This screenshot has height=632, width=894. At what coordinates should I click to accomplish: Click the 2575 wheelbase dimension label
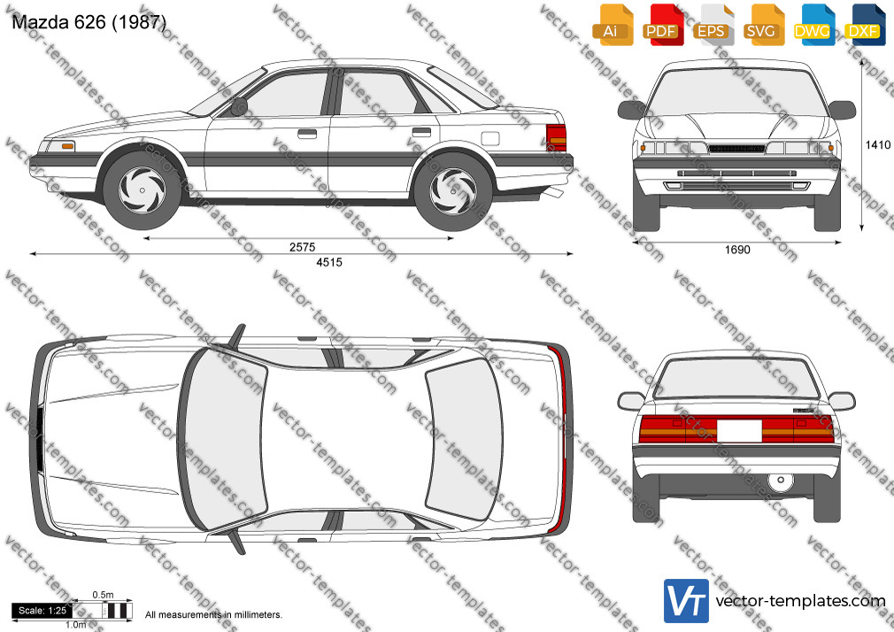[x=302, y=247]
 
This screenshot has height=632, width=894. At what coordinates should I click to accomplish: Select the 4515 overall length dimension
[x=329, y=262]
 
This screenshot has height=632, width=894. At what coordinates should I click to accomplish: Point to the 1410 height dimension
[x=877, y=145]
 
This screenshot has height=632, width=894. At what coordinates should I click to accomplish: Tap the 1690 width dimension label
[x=737, y=250]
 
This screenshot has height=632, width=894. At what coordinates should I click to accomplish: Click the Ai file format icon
[x=613, y=25]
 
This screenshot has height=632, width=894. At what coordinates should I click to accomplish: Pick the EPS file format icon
[x=713, y=25]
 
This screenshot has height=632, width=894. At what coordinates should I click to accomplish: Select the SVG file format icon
[x=763, y=25]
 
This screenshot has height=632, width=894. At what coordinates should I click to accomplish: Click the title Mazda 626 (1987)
[x=89, y=22]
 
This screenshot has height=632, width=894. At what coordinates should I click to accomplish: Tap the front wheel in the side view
[x=142, y=190]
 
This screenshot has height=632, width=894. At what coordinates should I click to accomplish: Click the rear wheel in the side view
[x=452, y=190]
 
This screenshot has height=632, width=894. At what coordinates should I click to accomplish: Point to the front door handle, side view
[x=307, y=134]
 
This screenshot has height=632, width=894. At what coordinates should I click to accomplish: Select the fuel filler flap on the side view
[x=489, y=138]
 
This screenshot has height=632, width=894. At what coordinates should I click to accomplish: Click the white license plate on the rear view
[x=739, y=431]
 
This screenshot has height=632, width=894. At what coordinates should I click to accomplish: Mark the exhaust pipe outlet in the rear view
[x=781, y=481]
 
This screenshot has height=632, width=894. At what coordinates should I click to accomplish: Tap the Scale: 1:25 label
[x=42, y=611]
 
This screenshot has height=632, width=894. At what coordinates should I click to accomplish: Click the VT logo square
[x=687, y=601]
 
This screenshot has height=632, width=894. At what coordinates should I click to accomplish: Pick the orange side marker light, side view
[x=68, y=146]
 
